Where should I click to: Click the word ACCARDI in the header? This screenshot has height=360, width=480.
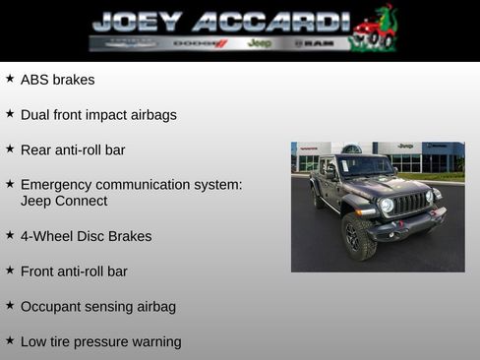271,21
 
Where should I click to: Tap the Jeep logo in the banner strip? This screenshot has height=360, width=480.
260,43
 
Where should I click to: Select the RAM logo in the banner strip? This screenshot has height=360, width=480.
316,43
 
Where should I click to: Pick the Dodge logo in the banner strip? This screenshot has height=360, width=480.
201,43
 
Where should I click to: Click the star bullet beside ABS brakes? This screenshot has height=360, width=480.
10,79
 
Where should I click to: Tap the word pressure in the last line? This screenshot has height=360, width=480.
104,342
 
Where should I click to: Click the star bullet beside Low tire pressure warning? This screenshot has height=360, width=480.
10,341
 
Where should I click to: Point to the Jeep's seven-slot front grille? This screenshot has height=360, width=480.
411,203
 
